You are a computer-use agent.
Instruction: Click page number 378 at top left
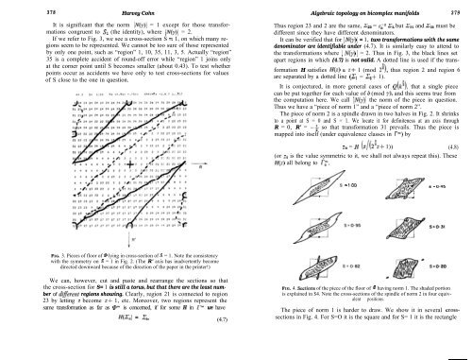12,8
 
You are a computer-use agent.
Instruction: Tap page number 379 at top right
458,8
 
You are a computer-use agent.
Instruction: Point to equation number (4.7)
220,349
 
